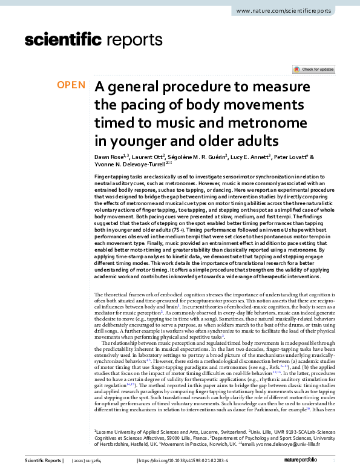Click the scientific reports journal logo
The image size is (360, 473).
coord(90,41)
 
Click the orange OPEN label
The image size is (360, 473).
coord(71,85)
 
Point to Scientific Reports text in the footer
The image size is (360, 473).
coord(43,461)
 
